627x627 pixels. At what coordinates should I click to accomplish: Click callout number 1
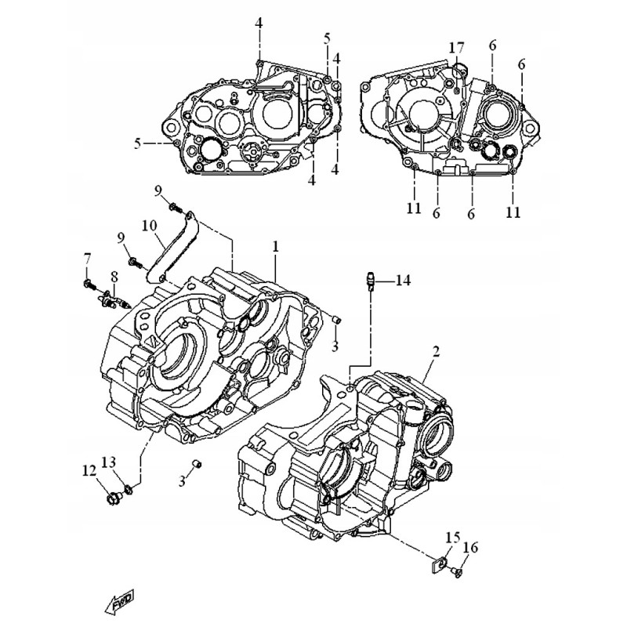[276, 247]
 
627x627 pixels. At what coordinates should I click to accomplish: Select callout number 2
[436, 352]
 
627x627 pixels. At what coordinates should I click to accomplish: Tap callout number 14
[402, 280]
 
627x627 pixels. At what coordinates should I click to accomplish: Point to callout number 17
[456, 48]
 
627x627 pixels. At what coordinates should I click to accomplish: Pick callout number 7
[87, 258]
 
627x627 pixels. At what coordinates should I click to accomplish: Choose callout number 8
[114, 277]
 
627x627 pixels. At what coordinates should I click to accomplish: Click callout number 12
[89, 471]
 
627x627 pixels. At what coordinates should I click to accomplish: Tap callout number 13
[109, 461]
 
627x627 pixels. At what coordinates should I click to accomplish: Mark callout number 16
[470, 548]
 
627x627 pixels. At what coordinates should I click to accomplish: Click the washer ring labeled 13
[128, 492]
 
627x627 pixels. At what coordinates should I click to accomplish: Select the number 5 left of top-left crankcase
[137, 143]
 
